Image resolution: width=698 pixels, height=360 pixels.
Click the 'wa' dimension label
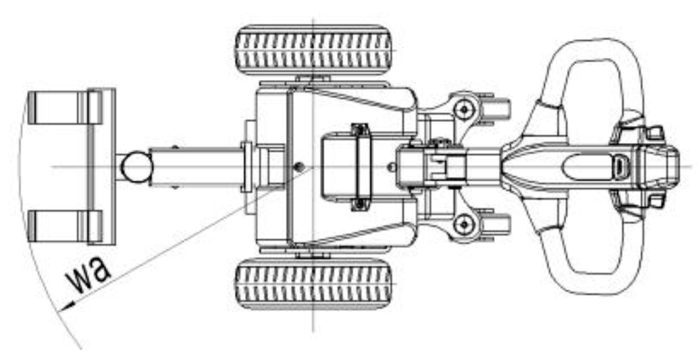(88, 274)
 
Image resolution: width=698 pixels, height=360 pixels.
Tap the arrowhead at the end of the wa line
(66, 307)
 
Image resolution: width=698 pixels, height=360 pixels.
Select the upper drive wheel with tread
(314, 51)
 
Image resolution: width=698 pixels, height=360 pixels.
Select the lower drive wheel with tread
(314, 283)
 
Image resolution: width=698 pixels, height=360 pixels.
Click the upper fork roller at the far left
(65, 108)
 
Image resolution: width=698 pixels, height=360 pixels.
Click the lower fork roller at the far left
(65, 226)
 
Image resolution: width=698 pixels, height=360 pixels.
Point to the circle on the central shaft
(137, 167)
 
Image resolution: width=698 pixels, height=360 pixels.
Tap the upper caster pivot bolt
(464, 110)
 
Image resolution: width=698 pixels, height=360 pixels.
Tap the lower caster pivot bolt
(464, 224)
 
